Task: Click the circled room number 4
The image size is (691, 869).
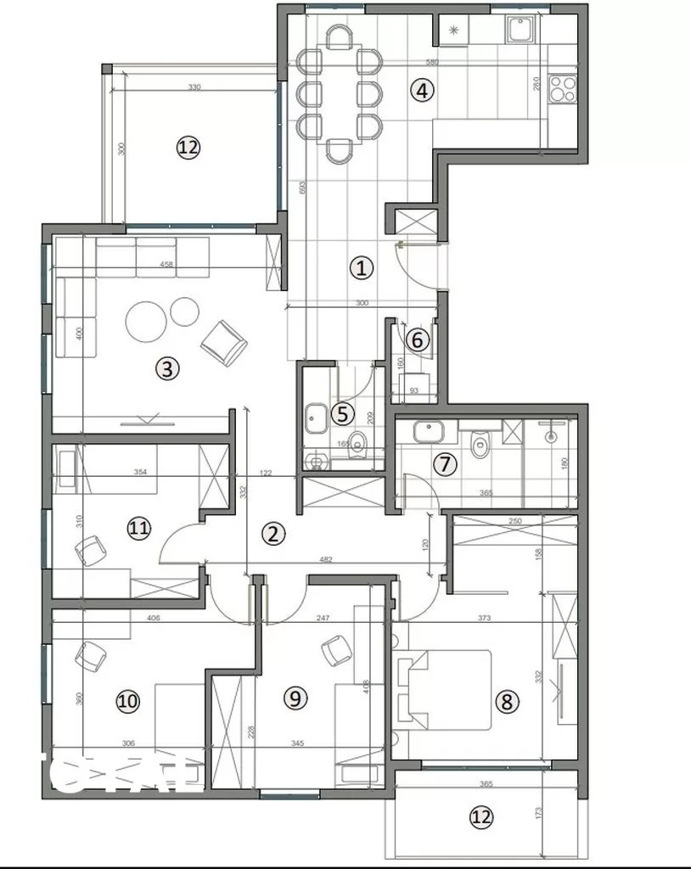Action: click(x=422, y=90)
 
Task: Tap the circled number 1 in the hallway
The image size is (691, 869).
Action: click(x=362, y=269)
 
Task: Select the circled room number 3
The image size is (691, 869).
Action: click(x=167, y=368)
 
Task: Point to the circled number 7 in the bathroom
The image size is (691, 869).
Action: click(x=444, y=464)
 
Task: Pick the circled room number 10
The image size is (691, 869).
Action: click(x=128, y=701)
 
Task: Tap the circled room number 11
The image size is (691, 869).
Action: click(x=139, y=529)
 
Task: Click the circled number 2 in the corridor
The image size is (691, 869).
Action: click(x=272, y=534)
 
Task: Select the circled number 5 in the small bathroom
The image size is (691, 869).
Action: click(x=341, y=413)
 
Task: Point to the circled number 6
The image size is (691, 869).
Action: click(x=417, y=339)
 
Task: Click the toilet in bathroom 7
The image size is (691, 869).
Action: click(x=480, y=442)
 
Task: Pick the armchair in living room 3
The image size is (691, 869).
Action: click(x=224, y=342)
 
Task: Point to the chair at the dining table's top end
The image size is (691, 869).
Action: click(x=340, y=38)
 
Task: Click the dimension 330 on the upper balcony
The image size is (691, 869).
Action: click(x=194, y=87)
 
